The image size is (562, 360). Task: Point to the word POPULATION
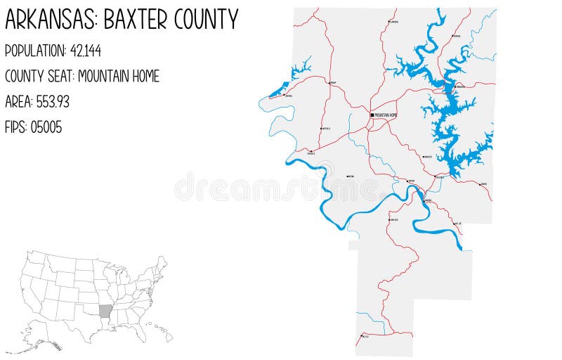[x=34, y=51]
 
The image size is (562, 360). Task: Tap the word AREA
[x=17, y=101]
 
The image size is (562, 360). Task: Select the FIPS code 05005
[x=46, y=127]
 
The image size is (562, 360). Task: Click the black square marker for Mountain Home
[x=372, y=115]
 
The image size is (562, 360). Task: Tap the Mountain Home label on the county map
[x=386, y=115]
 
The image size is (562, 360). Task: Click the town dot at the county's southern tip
[x=360, y=336]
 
